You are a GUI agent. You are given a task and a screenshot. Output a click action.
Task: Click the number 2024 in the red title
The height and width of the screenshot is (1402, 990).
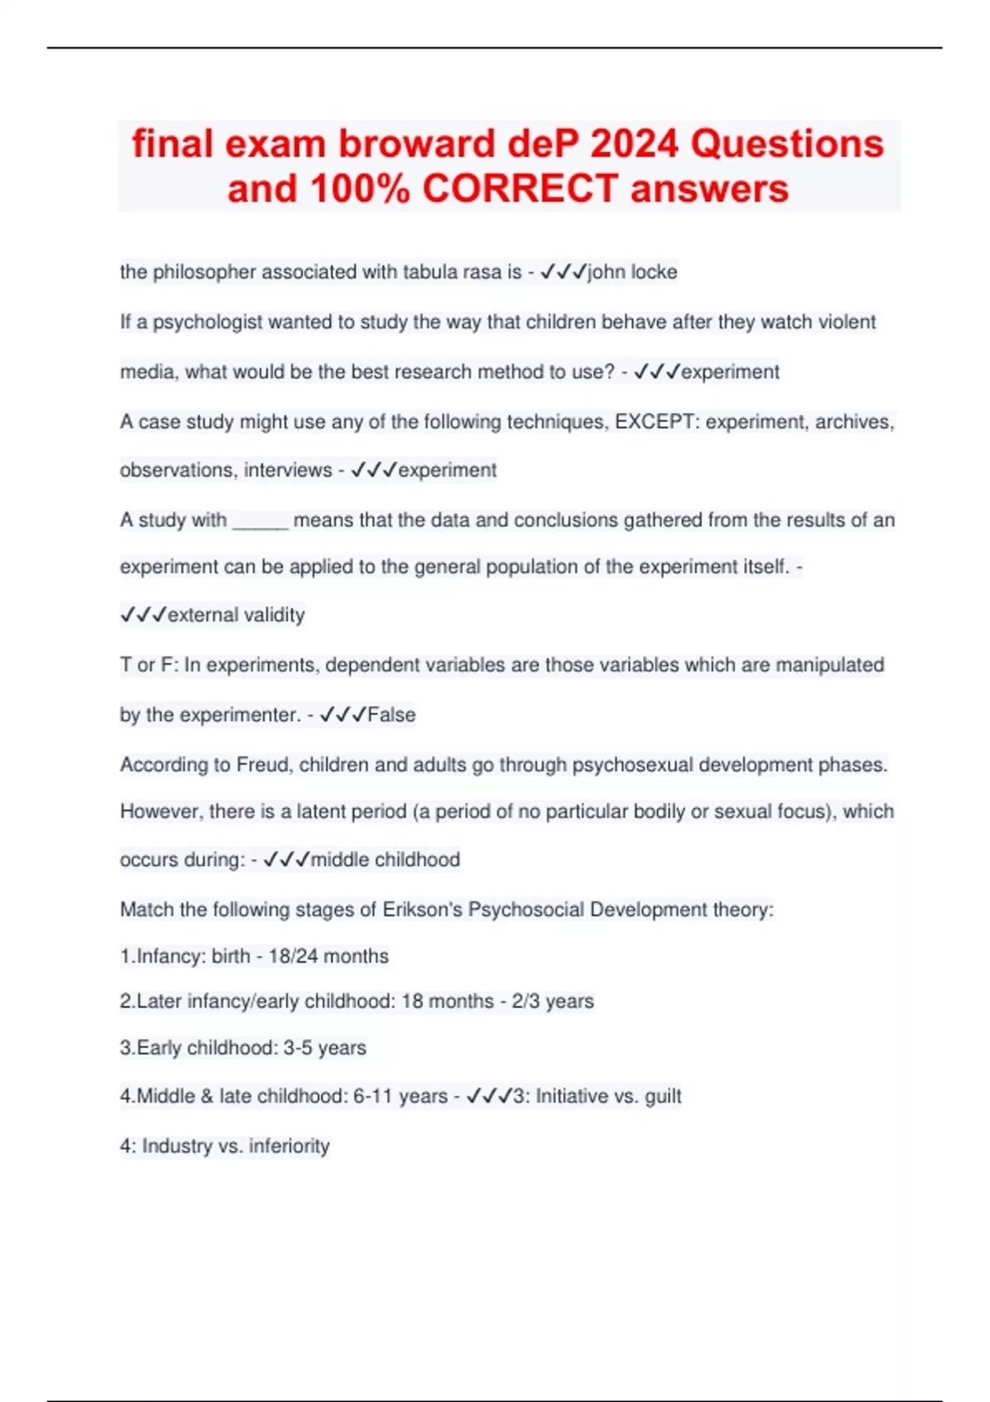(635, 144)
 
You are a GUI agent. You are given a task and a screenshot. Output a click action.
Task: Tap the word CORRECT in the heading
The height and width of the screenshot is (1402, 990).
(520, 189)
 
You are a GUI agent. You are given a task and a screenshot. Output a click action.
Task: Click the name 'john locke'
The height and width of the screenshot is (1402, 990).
(632, 272)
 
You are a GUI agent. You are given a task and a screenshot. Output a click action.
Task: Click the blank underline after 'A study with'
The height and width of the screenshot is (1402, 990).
(260, 520)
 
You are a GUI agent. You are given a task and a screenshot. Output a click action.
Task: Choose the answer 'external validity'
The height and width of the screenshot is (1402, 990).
(236, 615)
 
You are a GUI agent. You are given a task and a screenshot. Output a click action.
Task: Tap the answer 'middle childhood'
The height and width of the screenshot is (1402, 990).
(385, 859)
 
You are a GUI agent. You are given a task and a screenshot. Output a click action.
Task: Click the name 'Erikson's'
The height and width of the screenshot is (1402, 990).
(422, 910)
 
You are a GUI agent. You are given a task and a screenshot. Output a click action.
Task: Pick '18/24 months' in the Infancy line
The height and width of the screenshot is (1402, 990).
(328, 957)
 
